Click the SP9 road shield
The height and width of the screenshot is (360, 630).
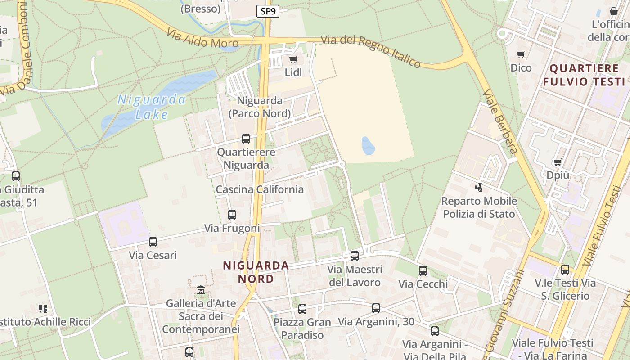coord(268,12)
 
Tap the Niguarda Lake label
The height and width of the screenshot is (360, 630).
coord(152,107)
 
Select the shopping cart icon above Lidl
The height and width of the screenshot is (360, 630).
coord(293,59)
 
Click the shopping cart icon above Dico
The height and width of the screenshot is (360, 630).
coord(521,55)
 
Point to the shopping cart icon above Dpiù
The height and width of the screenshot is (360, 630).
coord(558,162)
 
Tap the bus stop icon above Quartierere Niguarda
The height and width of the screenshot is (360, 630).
coord(246,139)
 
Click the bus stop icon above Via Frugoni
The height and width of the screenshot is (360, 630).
coord(232,215)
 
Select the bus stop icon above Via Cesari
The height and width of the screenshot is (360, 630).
coord(153,242)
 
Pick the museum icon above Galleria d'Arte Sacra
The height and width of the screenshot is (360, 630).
coord(201,290)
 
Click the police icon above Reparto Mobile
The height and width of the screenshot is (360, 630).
coord(479,187)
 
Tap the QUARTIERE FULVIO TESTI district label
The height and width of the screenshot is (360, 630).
coord(584,75)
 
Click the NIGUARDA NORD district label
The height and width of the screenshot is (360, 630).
coord(256,272)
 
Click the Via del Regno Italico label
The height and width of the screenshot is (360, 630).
coord(371,51)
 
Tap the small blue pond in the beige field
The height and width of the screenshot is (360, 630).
coord(368,146)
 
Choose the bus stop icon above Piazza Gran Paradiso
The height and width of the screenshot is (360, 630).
coord(302,309)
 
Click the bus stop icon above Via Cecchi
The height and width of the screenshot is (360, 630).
coord(423,270)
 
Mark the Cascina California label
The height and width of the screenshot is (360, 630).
coord(260,189)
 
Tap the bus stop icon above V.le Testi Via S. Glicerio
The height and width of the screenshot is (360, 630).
coord(565,270)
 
